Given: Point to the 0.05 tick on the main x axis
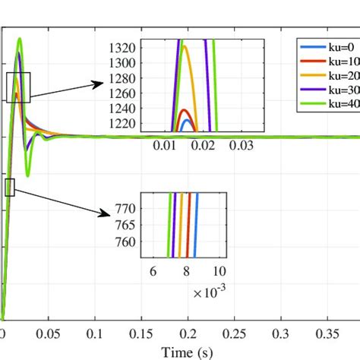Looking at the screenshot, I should coord(49,333).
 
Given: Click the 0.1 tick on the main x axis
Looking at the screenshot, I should coord(95,333).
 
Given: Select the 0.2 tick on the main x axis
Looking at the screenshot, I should coord(188,333).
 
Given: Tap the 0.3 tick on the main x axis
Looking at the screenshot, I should coord(282,333).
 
